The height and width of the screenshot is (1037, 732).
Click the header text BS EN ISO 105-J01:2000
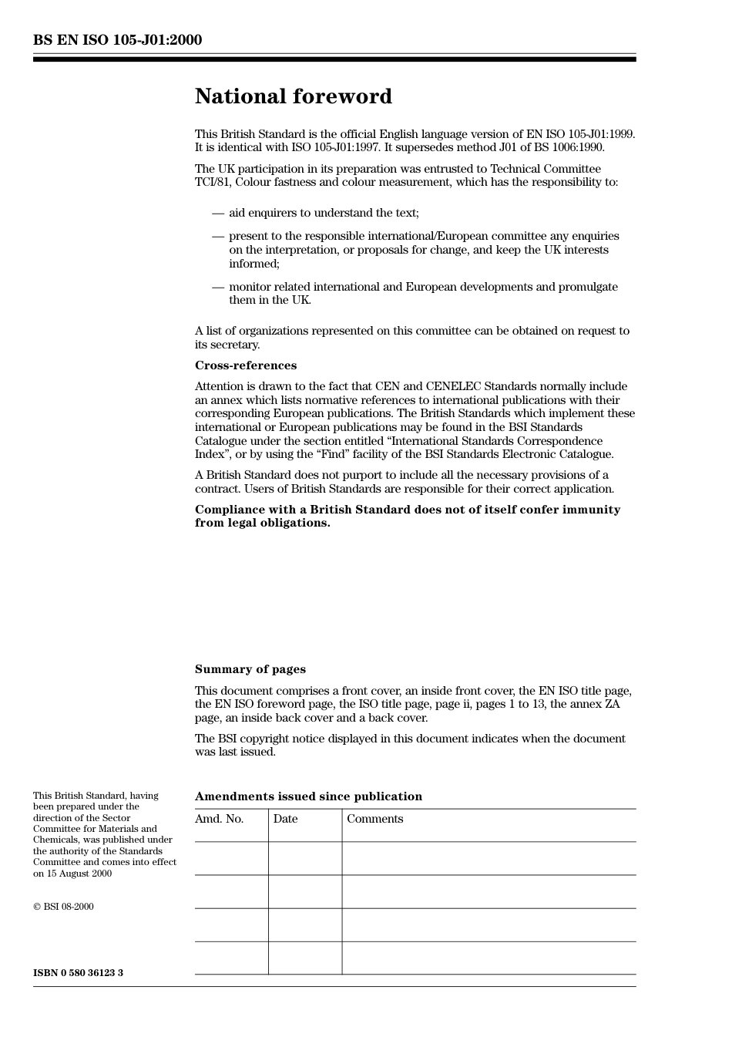[117, 40]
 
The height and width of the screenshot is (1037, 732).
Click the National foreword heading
[293, 96]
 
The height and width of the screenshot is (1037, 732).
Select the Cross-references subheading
[245, 365]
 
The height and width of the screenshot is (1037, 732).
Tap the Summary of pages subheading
[250, 669]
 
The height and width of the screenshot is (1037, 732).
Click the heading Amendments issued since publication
[308, 796]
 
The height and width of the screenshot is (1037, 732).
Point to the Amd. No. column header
[219, 819]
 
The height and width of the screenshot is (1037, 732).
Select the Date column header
[285, 819]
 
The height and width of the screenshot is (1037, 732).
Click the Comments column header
[374, 819]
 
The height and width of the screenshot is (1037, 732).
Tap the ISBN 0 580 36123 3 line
[78, 973]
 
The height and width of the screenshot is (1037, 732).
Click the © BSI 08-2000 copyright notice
[63, 907]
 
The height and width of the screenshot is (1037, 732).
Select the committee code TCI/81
[212, 183]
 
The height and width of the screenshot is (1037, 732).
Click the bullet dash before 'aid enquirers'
[218, 213]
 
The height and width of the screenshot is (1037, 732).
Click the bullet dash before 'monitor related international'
[218, 287]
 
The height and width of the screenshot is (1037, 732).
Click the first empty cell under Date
[305, 858]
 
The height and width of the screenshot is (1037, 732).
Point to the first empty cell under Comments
[489, 858]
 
